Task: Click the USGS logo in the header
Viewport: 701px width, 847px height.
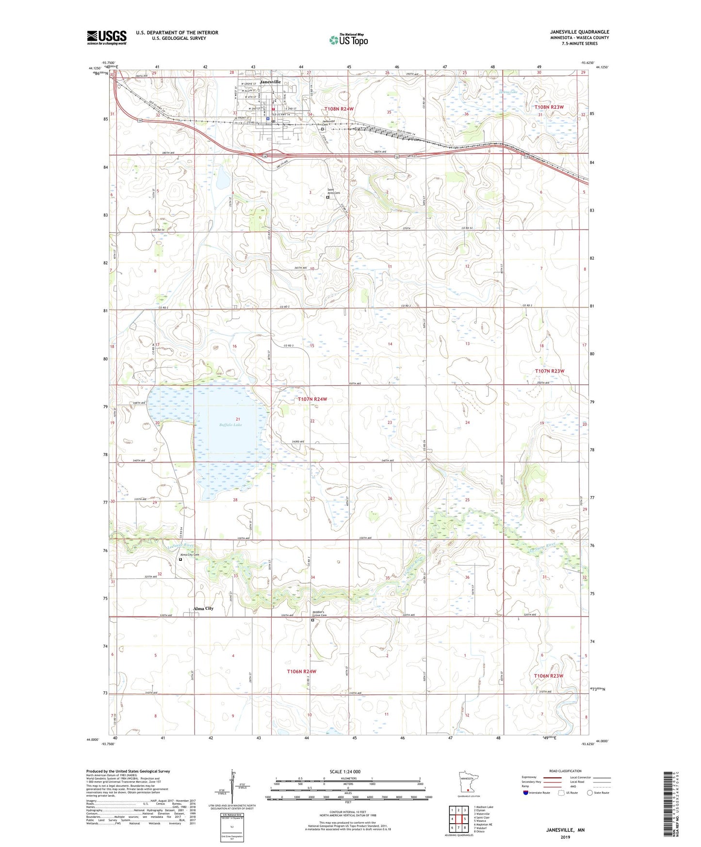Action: click(x=107, y=37)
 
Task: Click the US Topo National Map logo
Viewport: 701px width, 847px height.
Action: click(x=348, y=40)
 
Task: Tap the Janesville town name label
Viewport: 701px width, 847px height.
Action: click(x=270, y=82)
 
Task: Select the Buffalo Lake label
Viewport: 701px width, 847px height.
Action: click(x=230, y=424)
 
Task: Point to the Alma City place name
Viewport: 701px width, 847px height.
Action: click(x=203, y=608)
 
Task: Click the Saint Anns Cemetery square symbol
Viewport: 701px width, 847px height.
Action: click(x=327, y=197)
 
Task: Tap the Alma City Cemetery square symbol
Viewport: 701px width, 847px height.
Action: click(x=180, y=559)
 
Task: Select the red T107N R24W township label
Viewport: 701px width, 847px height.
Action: click(x=312, y=399)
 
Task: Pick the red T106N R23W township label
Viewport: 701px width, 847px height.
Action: click(x=549, y=676)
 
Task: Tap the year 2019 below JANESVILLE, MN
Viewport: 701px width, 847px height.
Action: click(x=565, y=837)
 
